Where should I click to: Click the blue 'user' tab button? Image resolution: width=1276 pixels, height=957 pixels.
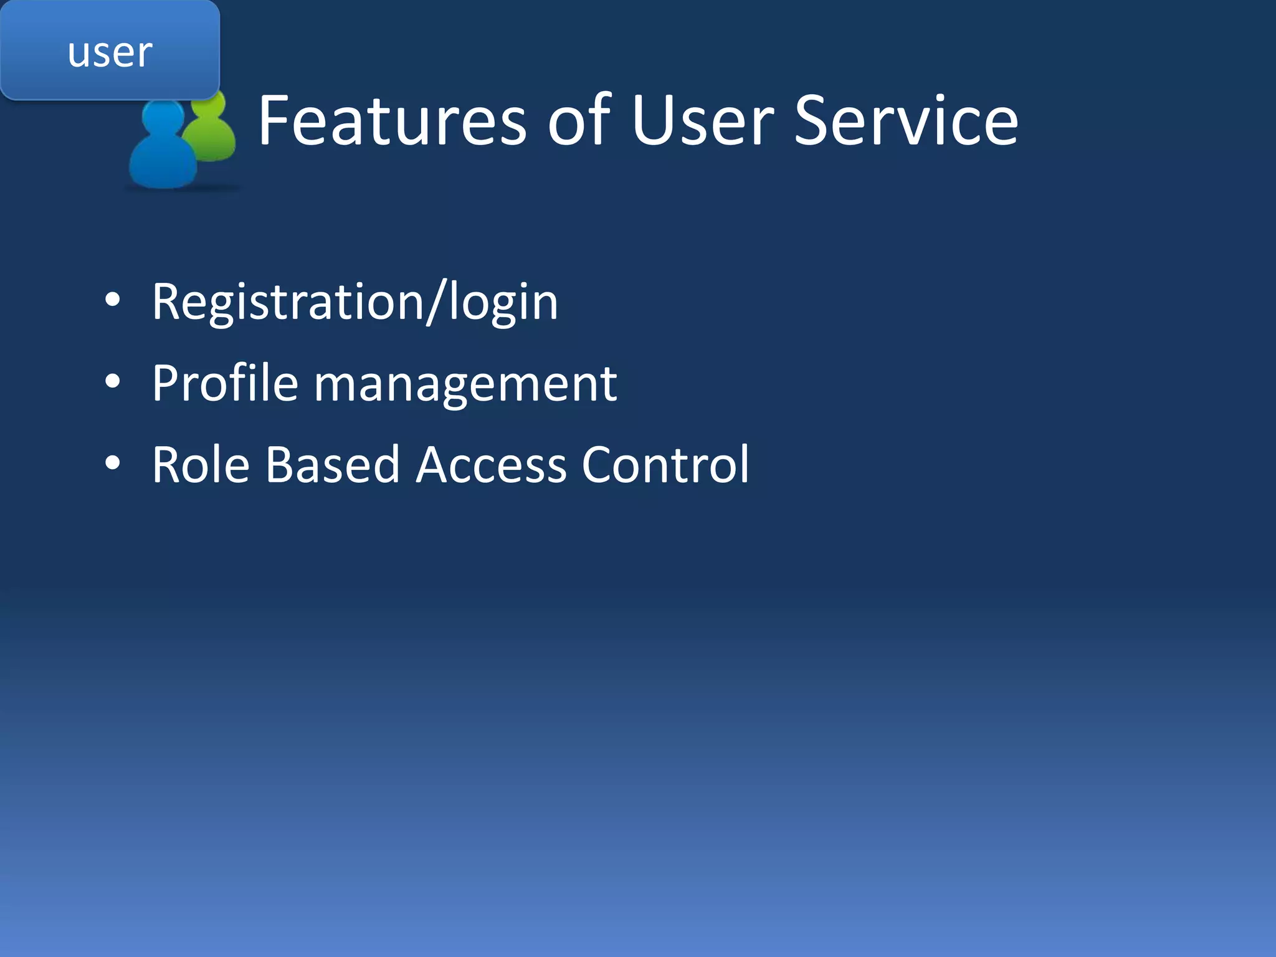tap(110, 51)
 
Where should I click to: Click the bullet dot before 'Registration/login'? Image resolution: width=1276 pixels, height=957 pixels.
tap(112, 300)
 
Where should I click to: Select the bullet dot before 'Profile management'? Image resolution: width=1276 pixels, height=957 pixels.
tap(112, 381)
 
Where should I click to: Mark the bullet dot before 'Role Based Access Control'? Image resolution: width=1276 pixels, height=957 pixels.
tap(112, 463)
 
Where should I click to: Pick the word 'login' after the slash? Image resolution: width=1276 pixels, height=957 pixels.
tap(503, 303)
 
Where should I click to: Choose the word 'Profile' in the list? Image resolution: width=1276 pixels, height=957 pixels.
tap(225, 383)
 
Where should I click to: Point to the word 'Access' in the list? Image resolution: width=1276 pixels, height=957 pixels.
tap(491, 464)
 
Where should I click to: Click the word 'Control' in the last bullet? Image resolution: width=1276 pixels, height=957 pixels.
tap(665, 464)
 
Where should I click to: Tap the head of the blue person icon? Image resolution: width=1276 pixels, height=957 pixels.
tap(163, 118)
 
